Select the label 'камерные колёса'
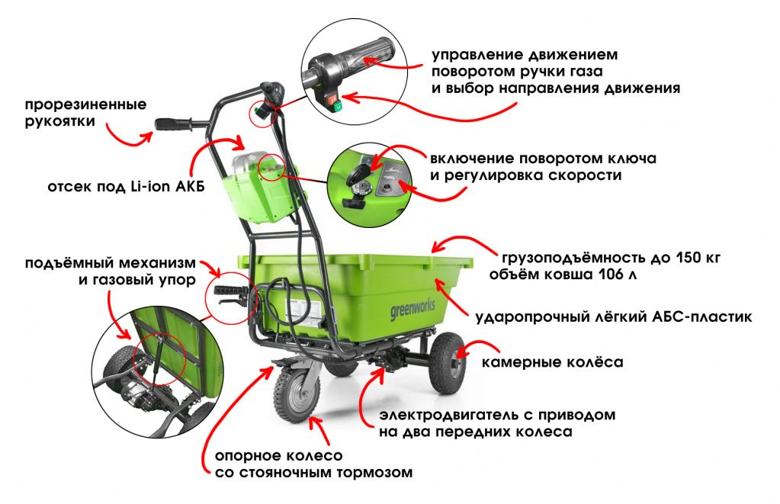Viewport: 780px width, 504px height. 552,362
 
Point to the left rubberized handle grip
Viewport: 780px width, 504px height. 172,124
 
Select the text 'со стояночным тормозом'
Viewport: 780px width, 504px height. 313,473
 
